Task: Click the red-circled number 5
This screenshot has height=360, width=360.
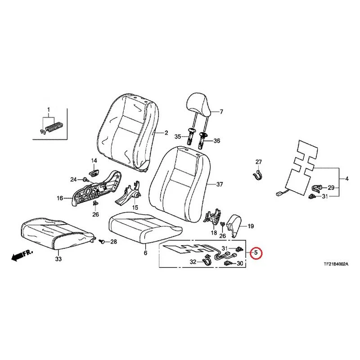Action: point(256,253)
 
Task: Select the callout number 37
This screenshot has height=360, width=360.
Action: point(220,184)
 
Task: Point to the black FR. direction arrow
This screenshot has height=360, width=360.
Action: point(22,255)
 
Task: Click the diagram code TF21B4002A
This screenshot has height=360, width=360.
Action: point(336,265)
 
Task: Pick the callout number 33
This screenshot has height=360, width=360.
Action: point(58,259)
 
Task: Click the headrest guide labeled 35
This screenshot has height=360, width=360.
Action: point(191,136)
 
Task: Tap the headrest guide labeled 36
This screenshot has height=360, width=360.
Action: point(202,140)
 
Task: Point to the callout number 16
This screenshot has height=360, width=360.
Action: point(60,198)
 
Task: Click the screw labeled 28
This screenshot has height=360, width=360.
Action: point(102,241)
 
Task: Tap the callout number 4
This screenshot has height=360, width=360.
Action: point(346,178)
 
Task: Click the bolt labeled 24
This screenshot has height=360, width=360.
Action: point(85,179)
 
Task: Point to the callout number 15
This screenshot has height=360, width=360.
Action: point(135,207)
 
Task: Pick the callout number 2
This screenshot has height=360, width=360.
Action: point(166,133)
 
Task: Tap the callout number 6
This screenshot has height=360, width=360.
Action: point(145,253)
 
